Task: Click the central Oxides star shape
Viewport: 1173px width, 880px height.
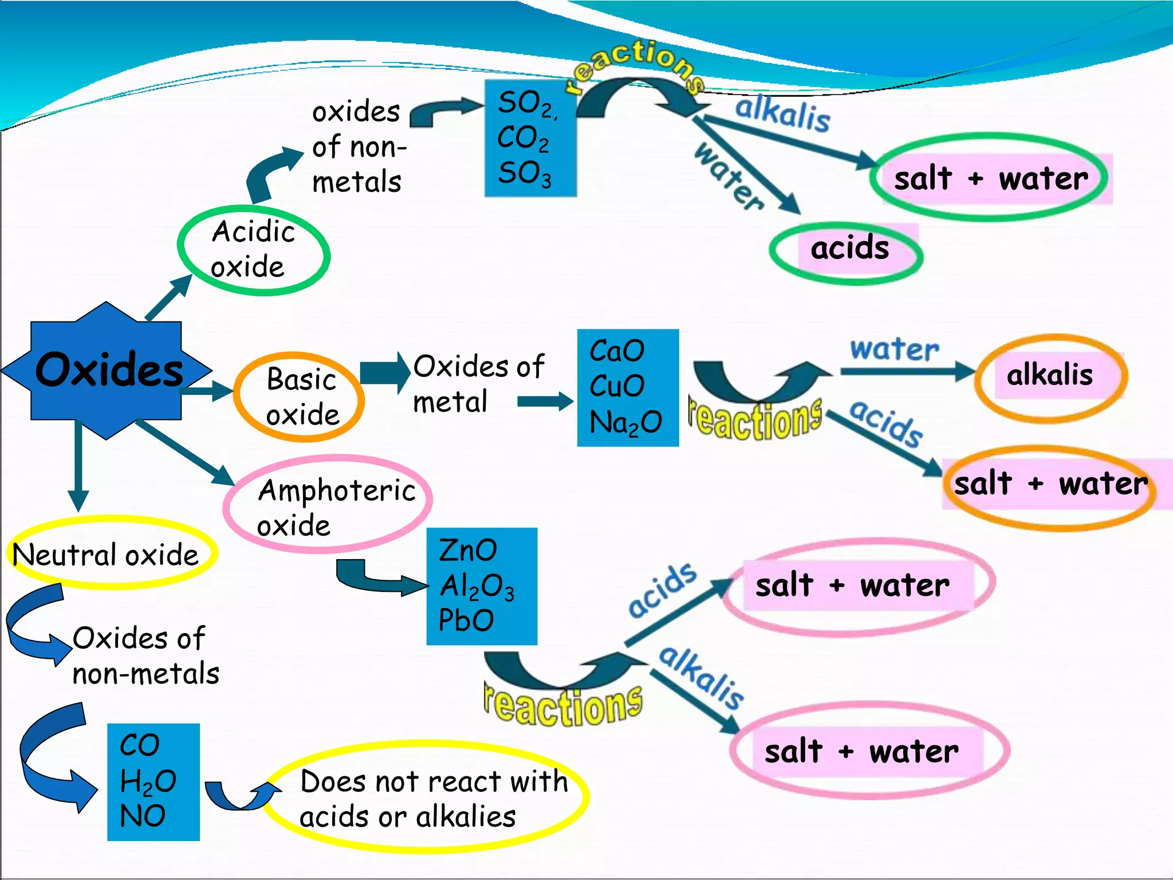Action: [107, 371]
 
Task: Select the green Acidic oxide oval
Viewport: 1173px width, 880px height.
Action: [253, 250]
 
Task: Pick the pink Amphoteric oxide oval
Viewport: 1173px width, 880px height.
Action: [328, 505]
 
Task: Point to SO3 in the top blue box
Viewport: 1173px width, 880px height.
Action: [524, 173]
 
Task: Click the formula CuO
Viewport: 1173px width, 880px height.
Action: [617, 386]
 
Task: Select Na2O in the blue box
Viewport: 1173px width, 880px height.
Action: [625, 423]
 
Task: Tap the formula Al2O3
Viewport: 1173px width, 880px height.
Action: [477, 587]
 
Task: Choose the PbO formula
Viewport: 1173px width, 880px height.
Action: [466, 620]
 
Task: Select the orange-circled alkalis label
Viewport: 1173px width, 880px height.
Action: [1050, 376]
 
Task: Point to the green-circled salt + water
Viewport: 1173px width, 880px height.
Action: [991, 179]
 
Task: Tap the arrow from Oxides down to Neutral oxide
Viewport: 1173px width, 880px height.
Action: [78, 464]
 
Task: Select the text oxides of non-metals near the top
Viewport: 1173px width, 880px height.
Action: [358, 147]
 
